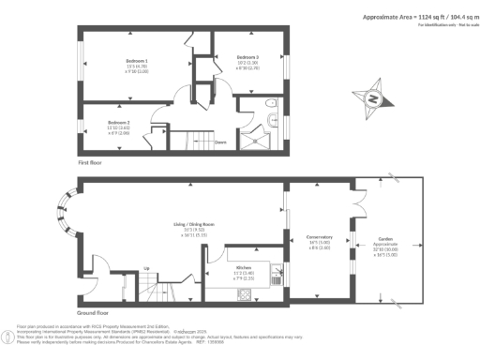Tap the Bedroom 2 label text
point(117,123)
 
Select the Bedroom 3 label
point(247,58)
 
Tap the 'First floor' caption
point(90,162)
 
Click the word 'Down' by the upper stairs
point(220,142)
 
